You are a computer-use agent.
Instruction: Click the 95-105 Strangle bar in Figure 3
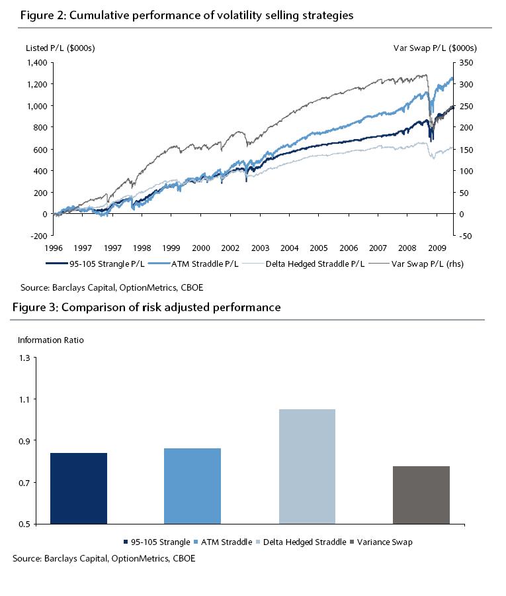point(78,488)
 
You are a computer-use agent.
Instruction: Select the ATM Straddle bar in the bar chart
point(192,486)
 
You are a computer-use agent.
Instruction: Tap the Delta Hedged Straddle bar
point(307,466)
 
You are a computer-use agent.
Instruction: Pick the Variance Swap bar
point(421,495)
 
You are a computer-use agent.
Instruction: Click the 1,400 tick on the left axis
point(36,62)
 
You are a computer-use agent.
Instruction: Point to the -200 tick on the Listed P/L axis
point(38,236)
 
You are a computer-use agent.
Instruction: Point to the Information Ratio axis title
point(51,340)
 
